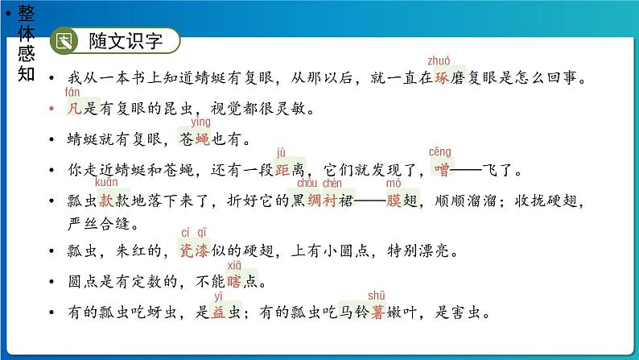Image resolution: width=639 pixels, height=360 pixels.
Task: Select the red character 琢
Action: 440,78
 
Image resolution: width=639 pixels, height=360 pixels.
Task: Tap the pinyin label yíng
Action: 200,122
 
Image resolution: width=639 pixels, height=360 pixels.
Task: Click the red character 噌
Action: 440,171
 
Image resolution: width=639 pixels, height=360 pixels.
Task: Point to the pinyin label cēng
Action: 439,152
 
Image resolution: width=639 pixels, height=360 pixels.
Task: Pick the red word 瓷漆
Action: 193,251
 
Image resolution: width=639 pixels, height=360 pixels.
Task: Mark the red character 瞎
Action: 235,282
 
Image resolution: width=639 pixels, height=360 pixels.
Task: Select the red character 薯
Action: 376,313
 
